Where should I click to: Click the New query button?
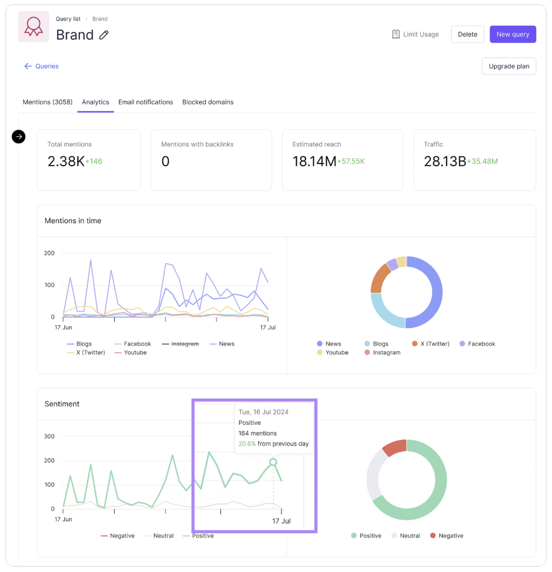[x=513, y=34]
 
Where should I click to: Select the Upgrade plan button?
[x=509, y=66]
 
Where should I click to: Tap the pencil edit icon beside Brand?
[x=104, y=35]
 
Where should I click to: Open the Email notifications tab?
[x=145, y=102]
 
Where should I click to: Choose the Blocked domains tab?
[x=208, y=102]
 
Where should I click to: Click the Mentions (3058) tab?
[x=48, y=102]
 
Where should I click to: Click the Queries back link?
[x=42, y=66]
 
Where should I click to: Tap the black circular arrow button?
[x=19, y=137]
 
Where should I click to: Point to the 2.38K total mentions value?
[x=66, y=161]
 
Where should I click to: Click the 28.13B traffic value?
[x=444, y=161]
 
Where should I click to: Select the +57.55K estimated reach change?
[x=351, y=162]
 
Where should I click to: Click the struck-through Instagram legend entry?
[x=185, y=344]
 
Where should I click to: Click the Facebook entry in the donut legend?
[x=481, y=344]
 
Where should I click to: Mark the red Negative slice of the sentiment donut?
[x=395, y=447]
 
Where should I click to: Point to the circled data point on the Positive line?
[x=273, y=462]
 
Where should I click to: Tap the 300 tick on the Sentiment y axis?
[x=49, y=436]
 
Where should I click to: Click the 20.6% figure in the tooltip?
[x=247, y=443]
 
